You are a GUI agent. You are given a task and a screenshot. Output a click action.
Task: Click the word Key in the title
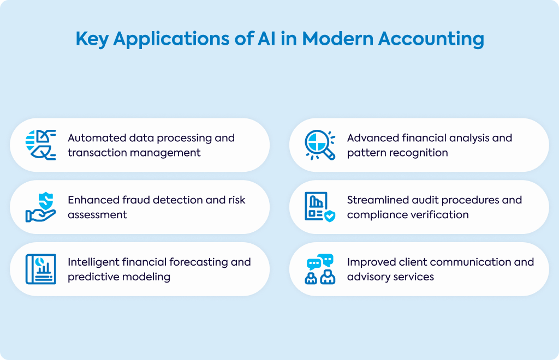[x=92, y=39]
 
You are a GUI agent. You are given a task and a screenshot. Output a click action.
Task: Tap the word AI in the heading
[x=266, y=38]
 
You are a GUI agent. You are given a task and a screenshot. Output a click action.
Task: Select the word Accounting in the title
[x=431, y=39]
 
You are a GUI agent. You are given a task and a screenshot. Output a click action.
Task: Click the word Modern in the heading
[x=337, y=38]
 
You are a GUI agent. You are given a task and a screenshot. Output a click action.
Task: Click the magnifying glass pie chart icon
[x=320, y=145]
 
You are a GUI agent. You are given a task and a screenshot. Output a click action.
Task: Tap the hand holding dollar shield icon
[x=40, y=207]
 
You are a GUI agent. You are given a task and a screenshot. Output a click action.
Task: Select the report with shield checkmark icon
[x=320, y=207]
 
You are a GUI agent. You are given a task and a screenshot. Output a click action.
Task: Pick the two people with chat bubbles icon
[x=320, y=269]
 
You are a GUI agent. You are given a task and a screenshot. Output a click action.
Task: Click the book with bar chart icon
[x=40, y=269]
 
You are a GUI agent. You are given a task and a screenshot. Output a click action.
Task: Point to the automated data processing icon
[x=40, y=145]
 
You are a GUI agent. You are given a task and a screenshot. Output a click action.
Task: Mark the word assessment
[x=97, y=215]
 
